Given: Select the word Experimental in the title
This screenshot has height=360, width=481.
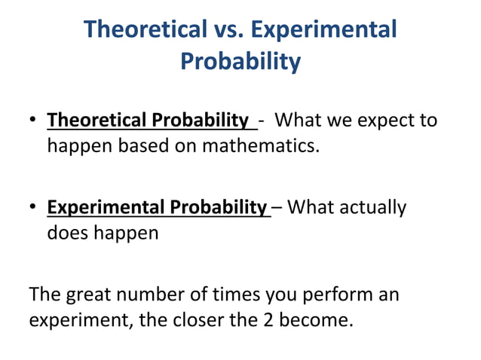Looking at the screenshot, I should click(324, 29).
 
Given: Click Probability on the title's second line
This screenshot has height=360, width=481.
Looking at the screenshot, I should click(240, 61).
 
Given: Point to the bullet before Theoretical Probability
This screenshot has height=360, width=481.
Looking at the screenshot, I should click(34, 121).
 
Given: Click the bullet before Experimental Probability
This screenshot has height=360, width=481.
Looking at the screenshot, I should click(34, 208).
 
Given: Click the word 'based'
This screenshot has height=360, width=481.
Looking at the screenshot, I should click(144, 145).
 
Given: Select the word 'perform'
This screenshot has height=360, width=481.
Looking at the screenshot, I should click(335, 294).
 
